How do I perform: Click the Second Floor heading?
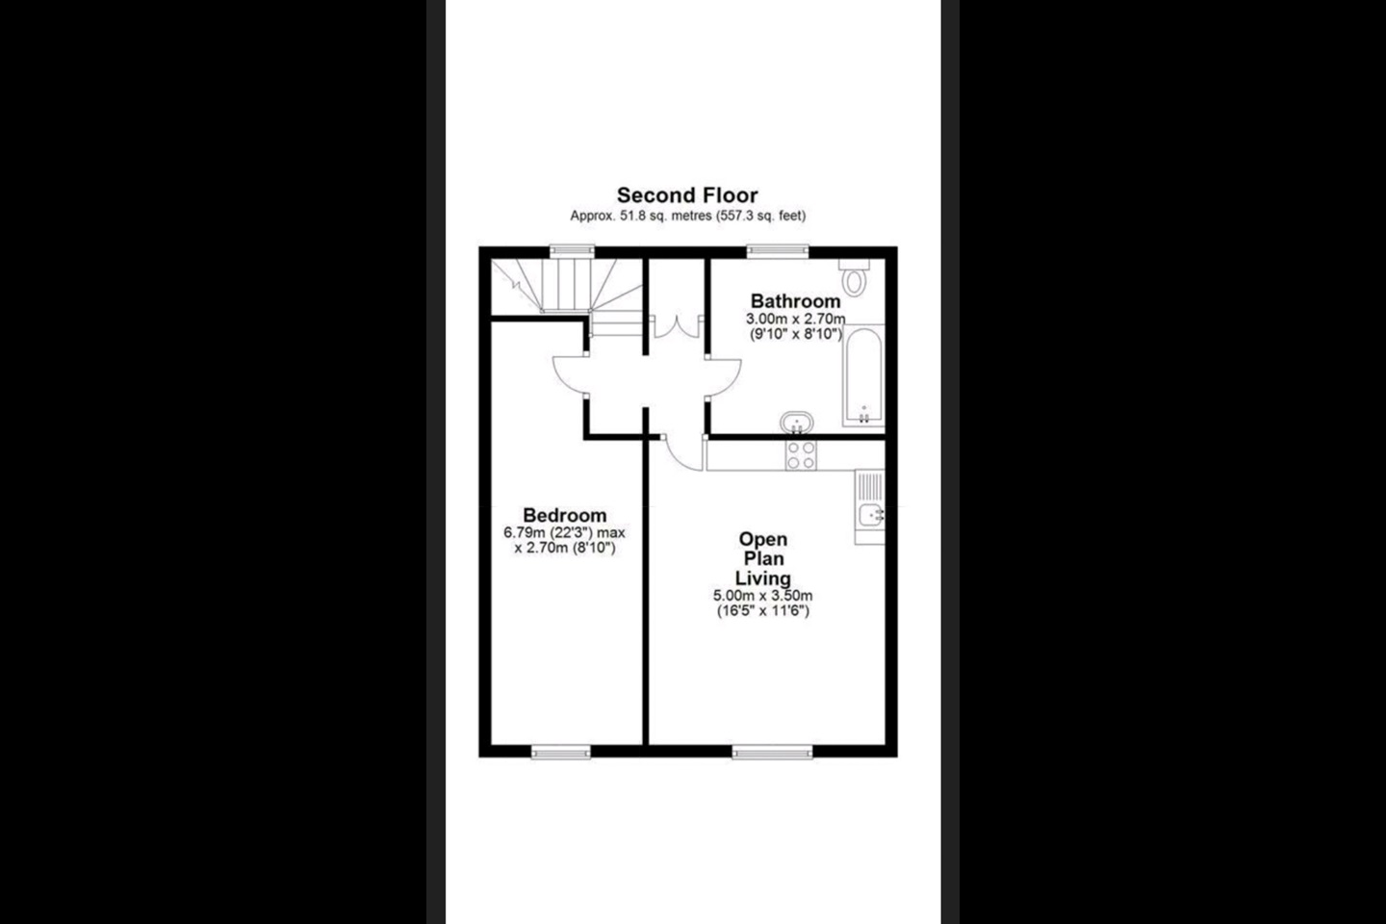(x=687, y=195)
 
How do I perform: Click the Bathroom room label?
(x=795, y=301)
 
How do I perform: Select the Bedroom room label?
(x=564, y=515)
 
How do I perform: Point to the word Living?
(x=763, y=578)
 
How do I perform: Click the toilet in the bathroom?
(x=855, y=278)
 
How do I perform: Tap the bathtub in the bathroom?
(x=863, y=375)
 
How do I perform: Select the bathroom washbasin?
(x=796, y=423)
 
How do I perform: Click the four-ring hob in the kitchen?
(x=801, y=455)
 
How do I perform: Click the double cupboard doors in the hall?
(x=677, y=327)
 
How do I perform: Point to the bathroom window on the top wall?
(x=777, y=250)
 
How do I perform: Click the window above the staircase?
(x=573, y=250)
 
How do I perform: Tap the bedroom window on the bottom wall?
(x=560, y=752)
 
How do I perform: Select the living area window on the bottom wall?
(x=772, y=752)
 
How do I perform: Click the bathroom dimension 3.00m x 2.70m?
(x=795, y=320)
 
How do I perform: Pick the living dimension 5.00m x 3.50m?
(x=763, y=596)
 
